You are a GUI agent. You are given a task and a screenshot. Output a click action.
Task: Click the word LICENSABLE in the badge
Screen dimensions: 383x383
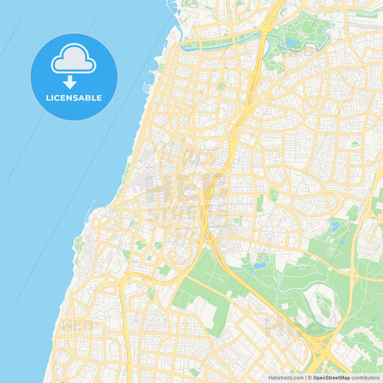tap(74, 98)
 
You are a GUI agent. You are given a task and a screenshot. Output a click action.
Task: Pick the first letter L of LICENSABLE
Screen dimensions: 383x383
tap(48, 98)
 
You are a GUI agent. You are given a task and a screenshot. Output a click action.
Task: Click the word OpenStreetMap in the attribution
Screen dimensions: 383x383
tap(331, 377)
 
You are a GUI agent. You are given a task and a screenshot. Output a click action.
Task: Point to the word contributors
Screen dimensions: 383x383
tap(366, 377)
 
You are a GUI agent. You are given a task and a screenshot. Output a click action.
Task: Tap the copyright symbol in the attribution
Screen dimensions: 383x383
tap(310, 377)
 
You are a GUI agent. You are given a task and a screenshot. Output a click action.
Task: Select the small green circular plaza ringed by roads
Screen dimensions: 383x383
tap(221, 86)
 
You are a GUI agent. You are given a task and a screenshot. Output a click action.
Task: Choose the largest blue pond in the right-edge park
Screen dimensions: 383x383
tap(335, 227)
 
